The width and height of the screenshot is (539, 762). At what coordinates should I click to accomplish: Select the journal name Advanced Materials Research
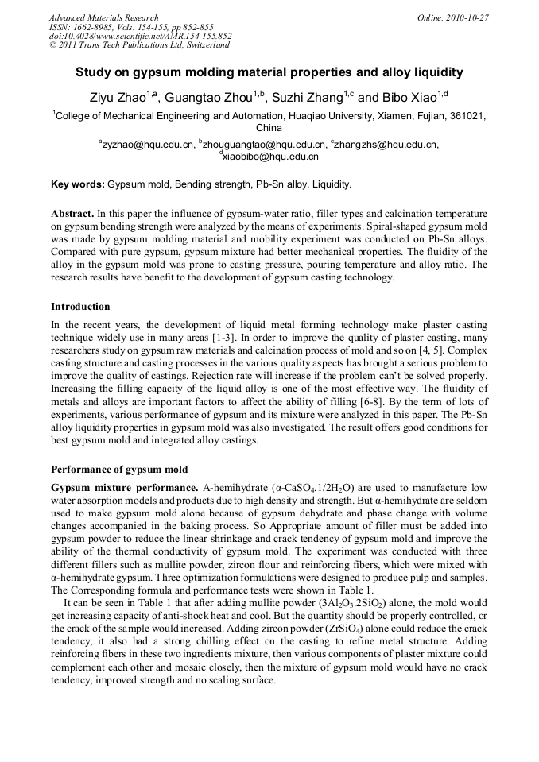point(103,17)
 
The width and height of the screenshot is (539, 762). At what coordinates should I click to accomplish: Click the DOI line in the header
point(140,36)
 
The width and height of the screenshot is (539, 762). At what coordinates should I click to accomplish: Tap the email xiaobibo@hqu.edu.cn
point(271,157)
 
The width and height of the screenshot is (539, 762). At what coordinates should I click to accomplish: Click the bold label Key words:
point(77,184)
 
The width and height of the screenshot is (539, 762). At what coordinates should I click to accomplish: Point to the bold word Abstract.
point(72,215)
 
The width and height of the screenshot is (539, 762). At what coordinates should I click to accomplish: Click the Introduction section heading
point(80,306)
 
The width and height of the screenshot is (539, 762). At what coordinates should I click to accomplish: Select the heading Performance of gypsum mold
point(119,469)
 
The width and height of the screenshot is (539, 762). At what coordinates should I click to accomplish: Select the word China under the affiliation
point(269,127)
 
